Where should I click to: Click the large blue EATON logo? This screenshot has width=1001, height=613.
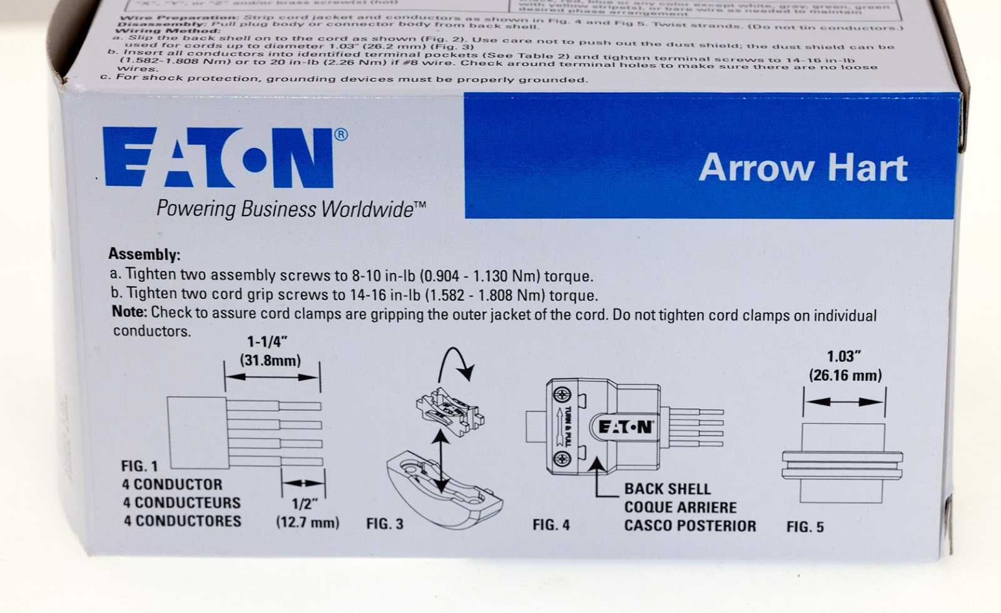[x=218, y=158]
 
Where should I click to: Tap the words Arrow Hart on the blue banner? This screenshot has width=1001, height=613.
[x=803, y=168]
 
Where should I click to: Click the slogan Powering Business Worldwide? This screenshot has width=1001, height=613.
[x=291, y=209]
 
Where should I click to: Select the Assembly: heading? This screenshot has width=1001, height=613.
[x=144, y=254]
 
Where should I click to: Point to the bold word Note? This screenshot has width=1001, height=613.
[x=130, y=312]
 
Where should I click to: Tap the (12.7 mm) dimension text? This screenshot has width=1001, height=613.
[x=307, y=522]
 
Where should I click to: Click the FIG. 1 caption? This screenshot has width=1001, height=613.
[x=140, y=466]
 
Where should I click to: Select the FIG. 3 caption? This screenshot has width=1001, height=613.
[x=385, y=524]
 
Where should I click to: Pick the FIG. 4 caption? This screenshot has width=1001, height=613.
[x=551, y=525]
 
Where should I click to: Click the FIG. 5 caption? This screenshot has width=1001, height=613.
[x=805, y=527]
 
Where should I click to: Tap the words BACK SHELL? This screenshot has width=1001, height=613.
[x=667, y=489]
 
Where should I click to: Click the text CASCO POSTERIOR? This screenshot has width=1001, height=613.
[x=689, y=526]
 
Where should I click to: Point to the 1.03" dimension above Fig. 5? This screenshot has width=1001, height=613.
[x=844, y=356]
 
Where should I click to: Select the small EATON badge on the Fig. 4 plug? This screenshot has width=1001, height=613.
[x=625, y=428]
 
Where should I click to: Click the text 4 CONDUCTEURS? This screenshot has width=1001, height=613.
[x=181, y=503]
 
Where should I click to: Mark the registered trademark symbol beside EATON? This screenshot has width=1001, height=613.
[x=341, y=134]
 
